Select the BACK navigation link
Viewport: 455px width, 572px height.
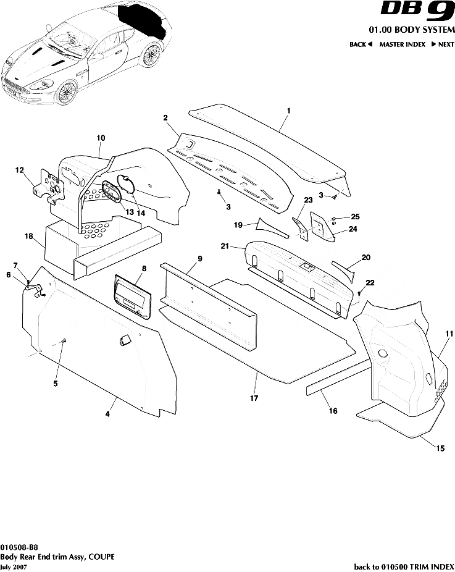361,44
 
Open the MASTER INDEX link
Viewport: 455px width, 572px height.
403,44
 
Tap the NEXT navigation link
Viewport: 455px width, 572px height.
443,44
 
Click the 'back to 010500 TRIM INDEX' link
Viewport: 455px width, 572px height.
403,566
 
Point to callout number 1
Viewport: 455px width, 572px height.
288,109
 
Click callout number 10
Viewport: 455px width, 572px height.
101,138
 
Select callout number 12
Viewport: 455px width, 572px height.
20,170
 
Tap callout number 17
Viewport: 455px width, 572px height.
254,398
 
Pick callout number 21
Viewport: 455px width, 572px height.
225,246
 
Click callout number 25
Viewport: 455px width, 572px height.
354,217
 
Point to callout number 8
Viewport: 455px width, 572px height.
144,269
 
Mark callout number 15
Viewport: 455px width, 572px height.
440,448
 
